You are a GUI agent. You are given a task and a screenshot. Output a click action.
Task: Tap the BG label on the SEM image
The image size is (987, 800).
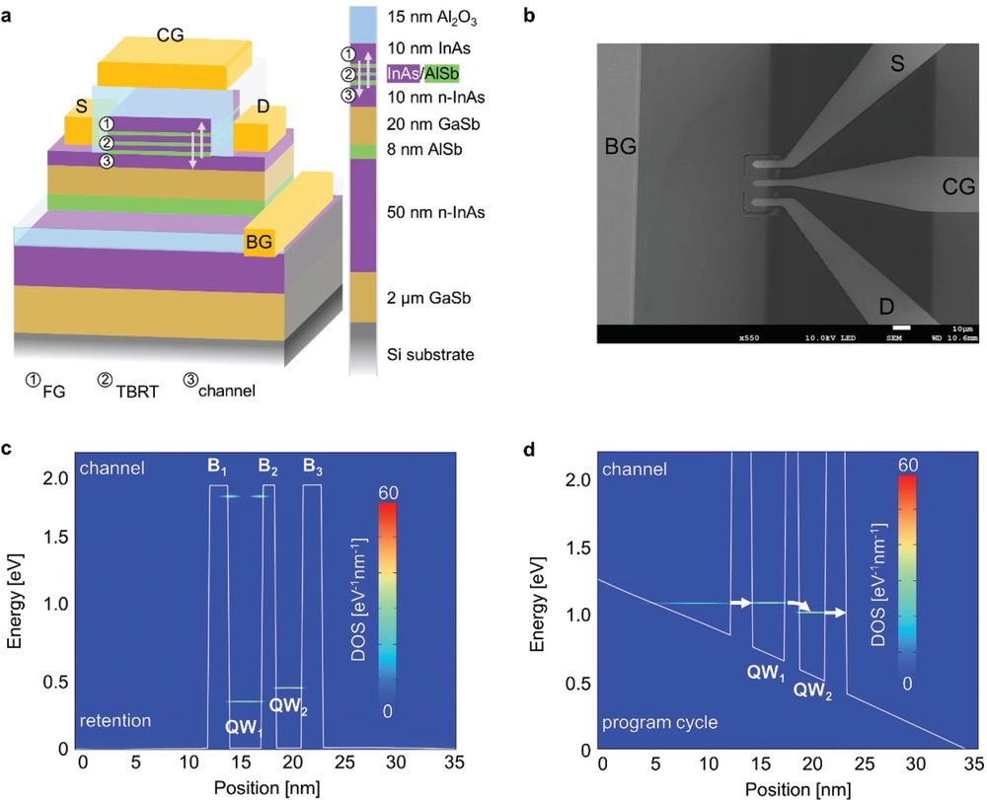[x=621, y=148]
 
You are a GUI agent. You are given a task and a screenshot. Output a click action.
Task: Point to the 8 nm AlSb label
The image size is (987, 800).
[x=426, y=150]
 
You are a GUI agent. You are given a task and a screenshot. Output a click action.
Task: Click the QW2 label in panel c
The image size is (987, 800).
[x=288, y=706]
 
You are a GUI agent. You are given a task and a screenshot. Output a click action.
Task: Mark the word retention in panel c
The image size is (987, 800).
[x=117, y=721]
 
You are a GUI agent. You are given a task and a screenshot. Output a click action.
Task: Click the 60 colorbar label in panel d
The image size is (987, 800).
[x=909, y=464]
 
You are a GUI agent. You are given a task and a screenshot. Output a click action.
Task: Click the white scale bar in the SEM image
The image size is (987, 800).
[x=899, y=327]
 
